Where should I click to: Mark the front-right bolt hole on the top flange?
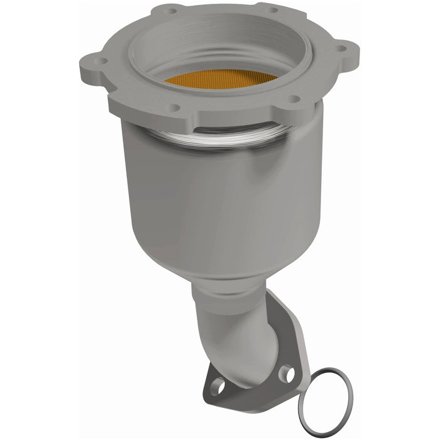coord(292,99)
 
